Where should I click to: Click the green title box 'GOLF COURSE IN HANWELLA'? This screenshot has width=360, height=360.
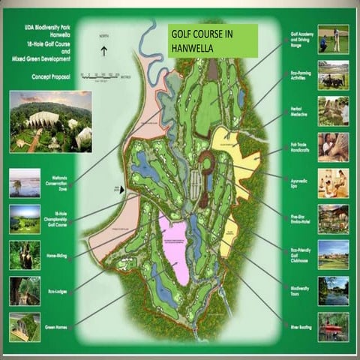[x=211, y=40]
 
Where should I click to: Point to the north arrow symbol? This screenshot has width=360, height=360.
[x=104, y=50]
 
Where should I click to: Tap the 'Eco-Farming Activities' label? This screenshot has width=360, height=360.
[x=300, y=75]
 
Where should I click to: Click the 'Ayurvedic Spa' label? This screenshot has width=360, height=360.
[x=300, y=181]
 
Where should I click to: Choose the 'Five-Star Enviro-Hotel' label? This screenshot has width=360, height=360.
[x=300, y=219]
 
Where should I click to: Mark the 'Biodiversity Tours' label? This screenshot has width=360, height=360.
[x=300, y=291]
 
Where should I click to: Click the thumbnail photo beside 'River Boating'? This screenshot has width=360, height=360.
[x=333, y=327]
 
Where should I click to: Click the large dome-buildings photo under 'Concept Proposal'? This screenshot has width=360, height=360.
[x=50, y=121]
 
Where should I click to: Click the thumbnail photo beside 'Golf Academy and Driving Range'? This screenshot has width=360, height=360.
[x=333, y=39]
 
